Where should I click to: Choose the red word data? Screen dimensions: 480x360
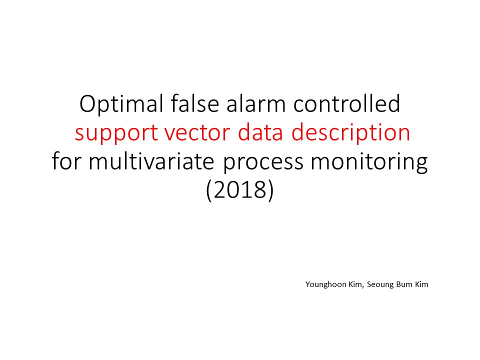[x=260, y=132]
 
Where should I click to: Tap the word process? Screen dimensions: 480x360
[x=263, y=162]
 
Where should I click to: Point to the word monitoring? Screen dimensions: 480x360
[x=369, y=162]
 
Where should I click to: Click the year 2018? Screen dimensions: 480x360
[x=239, y=189]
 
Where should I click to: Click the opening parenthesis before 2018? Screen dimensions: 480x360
[x=209, y=190]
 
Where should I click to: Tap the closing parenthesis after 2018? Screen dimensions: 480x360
[x=270, y=190]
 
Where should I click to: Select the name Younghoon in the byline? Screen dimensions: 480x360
[x=326, y=284]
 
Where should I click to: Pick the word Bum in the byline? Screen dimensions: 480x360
[x=404, y=284]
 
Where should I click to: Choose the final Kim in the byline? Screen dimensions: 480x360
[x=421, y=284]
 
